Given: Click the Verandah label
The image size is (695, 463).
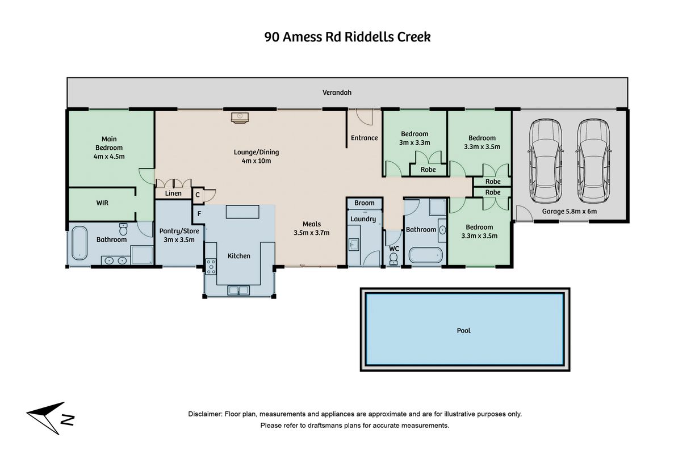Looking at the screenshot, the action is [x=337, y=92].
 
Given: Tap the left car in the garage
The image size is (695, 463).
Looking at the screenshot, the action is [x=546, y=161].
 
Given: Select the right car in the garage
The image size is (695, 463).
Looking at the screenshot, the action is [x=593, y=161].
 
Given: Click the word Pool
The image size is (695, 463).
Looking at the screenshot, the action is [x=463, y=331].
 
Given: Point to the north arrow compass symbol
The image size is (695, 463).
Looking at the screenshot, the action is [x=49, y=418].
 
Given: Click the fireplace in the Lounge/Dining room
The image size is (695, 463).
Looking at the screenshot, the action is [x=240, y=118].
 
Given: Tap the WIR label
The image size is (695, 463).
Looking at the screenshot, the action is [x=102, y=203].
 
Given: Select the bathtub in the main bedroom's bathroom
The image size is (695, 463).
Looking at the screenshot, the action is [x=79, y=243].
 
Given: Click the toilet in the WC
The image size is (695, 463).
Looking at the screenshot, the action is [x=393, y=259].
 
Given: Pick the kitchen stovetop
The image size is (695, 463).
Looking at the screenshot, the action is [x=211, y=267].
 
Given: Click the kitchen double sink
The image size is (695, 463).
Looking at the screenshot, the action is [x=238, y=291].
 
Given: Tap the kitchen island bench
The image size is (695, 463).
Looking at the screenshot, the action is [x=242, y=212].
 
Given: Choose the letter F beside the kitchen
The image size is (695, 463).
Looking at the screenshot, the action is [x=199, y=214].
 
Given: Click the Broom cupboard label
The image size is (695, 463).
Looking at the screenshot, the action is [x=365, y=203].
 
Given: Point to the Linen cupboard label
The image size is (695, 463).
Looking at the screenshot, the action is [x=173, y=193].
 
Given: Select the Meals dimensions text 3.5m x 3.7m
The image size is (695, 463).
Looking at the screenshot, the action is [x=312, y=233].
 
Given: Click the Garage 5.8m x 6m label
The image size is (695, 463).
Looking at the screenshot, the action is [x=570, y=212].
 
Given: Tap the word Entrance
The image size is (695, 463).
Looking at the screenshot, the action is [x=365, y=138].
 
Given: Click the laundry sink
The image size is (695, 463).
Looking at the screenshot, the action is [x=353, y=245].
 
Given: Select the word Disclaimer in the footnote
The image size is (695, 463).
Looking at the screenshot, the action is [x=205, y=414].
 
